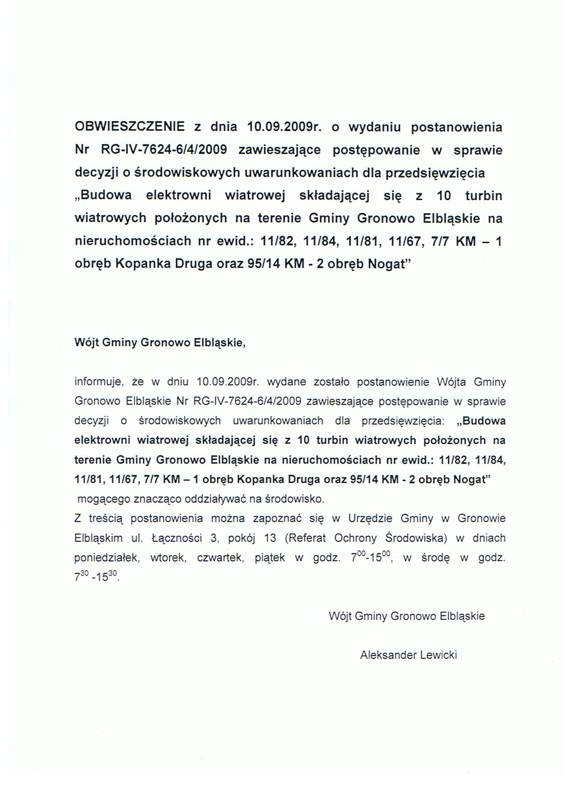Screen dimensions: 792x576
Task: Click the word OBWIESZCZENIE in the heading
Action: coord(129,127)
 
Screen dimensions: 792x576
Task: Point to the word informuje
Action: coord(98,382)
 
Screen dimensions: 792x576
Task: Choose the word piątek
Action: coord(269,558)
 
